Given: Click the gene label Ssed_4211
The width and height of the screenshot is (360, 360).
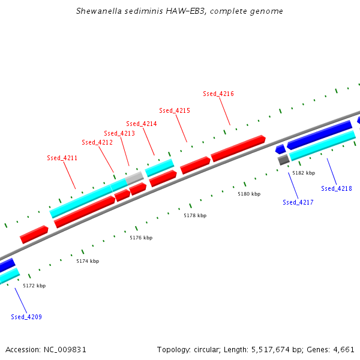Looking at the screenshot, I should click(x=62, y=158).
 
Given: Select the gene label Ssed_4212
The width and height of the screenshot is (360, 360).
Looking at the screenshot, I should click(x=97, y=142).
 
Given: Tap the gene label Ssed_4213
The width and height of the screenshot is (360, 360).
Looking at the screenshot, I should click(x=119, y=133).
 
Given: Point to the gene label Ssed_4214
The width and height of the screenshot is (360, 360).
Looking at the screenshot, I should click(x=142, y=124).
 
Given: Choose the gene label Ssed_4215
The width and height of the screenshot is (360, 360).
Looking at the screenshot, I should click(x=175, y=110).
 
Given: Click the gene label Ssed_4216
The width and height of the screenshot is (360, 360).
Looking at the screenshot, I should click(x=218, y=94).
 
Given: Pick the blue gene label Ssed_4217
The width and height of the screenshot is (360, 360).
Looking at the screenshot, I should click(x=298, y=202).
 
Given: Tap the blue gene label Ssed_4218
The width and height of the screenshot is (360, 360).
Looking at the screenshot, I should click(x=337, y=188).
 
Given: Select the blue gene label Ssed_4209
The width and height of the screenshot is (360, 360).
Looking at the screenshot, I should click(x=26, y=316).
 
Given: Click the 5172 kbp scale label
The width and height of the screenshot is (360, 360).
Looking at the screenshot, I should click(x=34, y=286).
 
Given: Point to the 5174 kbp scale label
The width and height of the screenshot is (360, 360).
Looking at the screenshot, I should click(x=88, y=261).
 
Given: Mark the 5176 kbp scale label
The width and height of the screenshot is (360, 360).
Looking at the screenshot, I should click(x=141, y=238).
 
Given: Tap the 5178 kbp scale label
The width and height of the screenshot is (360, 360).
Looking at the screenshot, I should click(x=195, y=215).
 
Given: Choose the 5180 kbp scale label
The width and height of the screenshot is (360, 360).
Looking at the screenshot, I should click(x=249, y=194).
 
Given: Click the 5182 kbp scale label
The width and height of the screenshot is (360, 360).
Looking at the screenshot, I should click(x=303, y=173).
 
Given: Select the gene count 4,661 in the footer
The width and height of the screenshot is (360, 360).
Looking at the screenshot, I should click(x=344, y=349).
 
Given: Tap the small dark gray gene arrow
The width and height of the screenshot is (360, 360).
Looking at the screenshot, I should click(x=283, y=160).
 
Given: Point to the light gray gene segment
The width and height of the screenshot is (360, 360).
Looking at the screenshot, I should click(x=135, y=177).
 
